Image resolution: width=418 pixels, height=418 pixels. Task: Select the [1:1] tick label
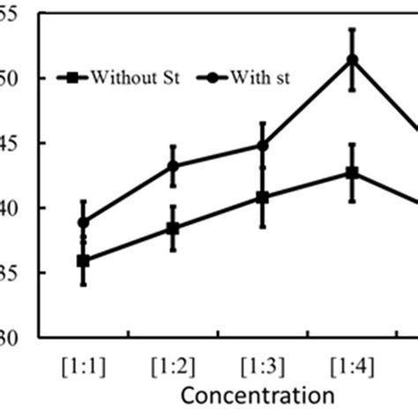[84, 362]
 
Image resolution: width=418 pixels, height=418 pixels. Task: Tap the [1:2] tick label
[173, 362]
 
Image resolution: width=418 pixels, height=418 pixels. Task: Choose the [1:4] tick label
[352, 362]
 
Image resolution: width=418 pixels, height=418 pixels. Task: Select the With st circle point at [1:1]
[84, 223]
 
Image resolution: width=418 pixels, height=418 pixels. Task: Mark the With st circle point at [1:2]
[173, 166]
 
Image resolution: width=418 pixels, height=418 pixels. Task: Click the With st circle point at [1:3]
[263, 146]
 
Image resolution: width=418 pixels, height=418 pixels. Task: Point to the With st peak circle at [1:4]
[352, 60]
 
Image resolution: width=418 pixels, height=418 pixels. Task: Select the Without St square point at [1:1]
[84, 261]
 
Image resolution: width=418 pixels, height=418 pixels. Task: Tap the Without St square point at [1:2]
[173, 228]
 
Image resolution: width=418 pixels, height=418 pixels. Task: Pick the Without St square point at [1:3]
[263, 198]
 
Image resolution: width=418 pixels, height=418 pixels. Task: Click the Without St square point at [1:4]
[352, 173]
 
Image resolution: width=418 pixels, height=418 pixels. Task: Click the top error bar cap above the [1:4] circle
[352, 29]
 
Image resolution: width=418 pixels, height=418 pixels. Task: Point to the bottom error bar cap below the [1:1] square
[84, 285]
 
